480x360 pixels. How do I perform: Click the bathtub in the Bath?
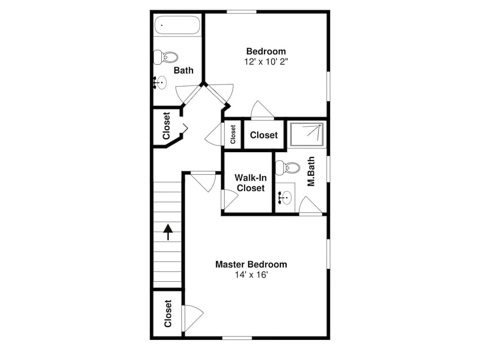click(x=177, y=25)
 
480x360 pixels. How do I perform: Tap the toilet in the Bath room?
click(x=166, y=58)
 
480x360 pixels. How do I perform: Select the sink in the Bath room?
click(x=160, y=83)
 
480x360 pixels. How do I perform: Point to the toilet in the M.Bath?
click(x=288, y=168)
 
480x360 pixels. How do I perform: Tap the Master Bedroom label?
click(x=251, y=264)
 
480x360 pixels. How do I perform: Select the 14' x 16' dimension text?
click(x=251, y=275)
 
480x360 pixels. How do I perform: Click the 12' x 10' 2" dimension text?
click(x=266, y=61)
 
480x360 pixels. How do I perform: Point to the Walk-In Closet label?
click(x=250, y=183)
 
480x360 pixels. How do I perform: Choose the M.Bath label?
click(x=311, y=171)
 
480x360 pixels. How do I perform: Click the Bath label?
click(x=183, y=71)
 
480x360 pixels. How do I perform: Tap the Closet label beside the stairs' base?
click(x=168, y=313)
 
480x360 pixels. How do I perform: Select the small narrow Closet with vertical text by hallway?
click(x=233, y=134)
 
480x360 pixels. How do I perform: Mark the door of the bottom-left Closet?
click(x=192, y=316)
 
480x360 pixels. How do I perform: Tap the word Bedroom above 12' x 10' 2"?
click(x=266, y=51)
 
